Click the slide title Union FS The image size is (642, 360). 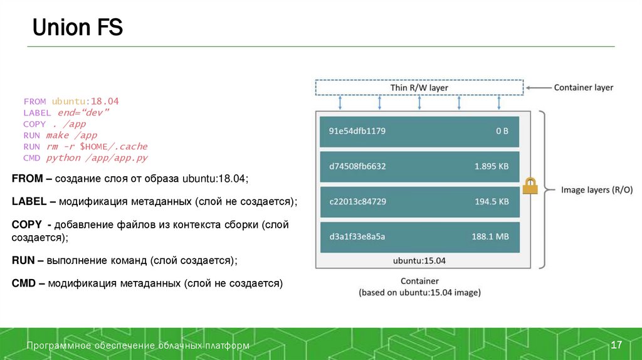pos(78,28)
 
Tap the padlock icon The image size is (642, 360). pos(530,185)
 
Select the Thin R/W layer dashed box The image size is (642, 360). pos(419,88)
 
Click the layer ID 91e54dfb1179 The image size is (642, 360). pos(357,131)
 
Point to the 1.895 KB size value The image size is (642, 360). pos(492,166)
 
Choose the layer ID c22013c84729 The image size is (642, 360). pos(357,201)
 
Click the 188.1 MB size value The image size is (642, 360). pos(490,236)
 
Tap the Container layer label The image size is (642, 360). pos(583,88)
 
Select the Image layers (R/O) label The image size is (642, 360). pos(596,189)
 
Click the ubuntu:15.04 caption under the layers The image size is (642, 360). pos(419,260)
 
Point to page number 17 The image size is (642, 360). pos(616,346)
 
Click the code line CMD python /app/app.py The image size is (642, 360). pos(85,157)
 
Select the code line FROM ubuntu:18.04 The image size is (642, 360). pos(71,101)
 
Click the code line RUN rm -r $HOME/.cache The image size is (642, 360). pos(85,146)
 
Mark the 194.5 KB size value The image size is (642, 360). pos(492,201)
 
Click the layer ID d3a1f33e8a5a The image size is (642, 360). pos(357,236)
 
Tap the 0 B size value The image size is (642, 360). pos(502,131)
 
